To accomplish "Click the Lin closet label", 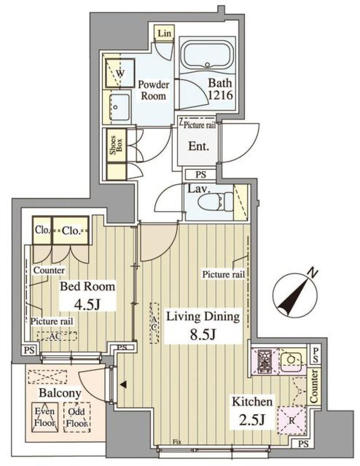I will [164, 33].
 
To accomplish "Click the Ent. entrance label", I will [198, 146].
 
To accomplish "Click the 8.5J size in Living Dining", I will [202, 335].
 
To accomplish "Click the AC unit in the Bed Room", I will [57, 336].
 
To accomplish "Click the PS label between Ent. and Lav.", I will [201, 175].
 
